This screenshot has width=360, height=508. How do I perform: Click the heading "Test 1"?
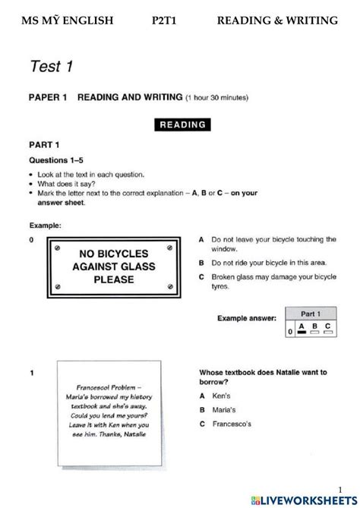click(x=51, y=67)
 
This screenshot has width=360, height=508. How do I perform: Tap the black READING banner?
click(x=182, y=124)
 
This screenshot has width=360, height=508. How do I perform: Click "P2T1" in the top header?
click(x=166, y=21)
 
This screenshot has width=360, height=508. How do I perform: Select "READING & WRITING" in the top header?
click(x=277, y=21)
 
